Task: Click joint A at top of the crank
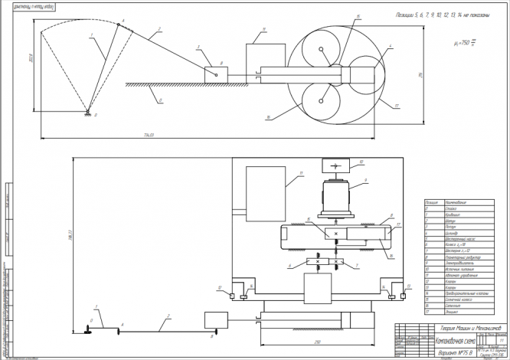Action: point(119,23)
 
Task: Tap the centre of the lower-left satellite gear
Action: point(315,100)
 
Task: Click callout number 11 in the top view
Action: point(263,29)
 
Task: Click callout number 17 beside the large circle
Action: point(397,104)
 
